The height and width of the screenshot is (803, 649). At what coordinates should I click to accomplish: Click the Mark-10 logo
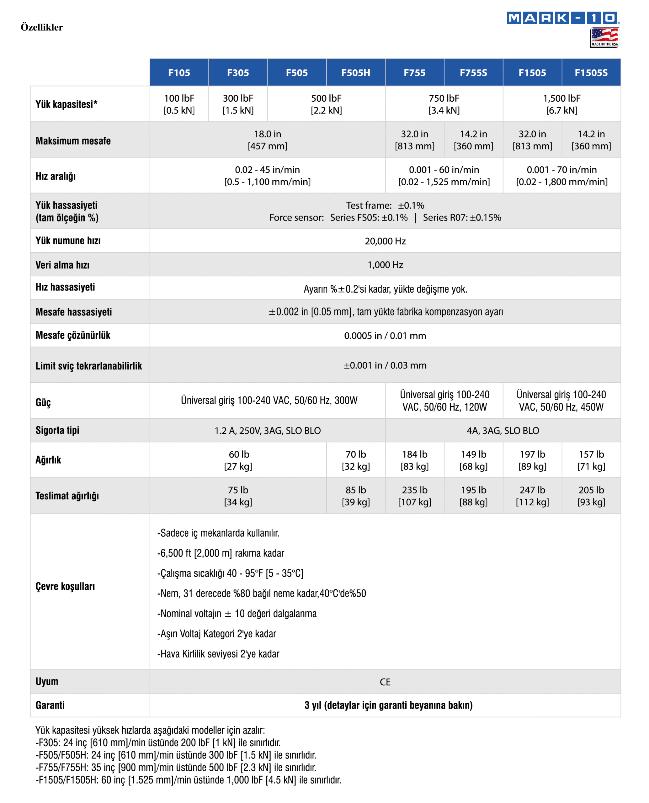point(563,18)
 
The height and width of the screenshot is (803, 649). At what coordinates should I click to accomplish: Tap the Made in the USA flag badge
point(604,37)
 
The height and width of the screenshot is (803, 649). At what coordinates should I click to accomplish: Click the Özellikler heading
point(41,27)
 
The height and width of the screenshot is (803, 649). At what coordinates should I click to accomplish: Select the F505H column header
point(355,72)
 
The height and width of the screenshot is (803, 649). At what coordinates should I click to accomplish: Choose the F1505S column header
point(591,72)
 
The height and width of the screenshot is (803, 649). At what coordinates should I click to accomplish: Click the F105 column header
point(179,72)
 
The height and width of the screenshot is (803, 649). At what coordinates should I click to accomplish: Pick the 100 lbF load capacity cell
point(179,104)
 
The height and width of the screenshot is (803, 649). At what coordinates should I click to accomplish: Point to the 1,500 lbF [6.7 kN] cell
point(561,104)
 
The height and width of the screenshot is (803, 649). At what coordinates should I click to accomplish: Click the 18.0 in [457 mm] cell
point(267,140)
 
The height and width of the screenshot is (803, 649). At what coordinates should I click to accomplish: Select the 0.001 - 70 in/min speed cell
point(561,175)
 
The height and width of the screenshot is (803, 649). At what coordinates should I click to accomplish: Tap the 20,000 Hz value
point(385,241)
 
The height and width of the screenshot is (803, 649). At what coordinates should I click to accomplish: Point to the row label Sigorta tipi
point(57,430)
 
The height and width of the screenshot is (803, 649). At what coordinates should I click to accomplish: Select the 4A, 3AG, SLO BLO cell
point(503,431)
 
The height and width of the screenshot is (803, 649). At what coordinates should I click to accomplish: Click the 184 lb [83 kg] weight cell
point(415,460)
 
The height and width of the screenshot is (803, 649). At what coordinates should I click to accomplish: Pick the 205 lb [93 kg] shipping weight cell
point(591,496)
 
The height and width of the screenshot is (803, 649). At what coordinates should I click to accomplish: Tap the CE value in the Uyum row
point(385,682)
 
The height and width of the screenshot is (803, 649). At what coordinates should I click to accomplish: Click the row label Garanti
point(50,705)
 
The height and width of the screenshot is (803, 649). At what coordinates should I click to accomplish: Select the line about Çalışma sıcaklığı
point(230,573)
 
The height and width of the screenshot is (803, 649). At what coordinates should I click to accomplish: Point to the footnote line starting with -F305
point(158,742)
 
